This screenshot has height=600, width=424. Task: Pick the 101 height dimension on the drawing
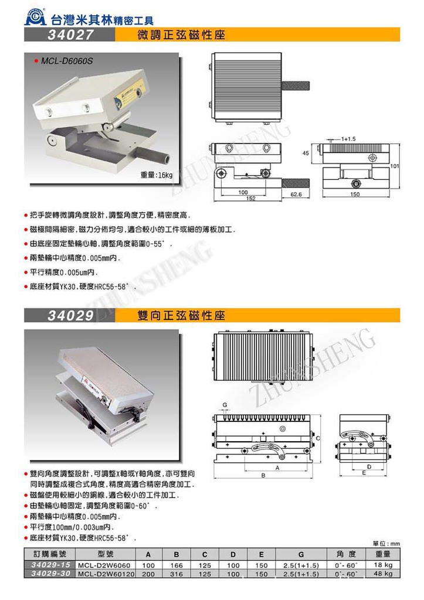[x=395, y=166]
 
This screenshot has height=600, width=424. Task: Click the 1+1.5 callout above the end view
[x=350, y=139]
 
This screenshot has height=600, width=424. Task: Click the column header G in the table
[x=300, y=554]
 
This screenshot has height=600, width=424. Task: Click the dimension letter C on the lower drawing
[x=317, y=438]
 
